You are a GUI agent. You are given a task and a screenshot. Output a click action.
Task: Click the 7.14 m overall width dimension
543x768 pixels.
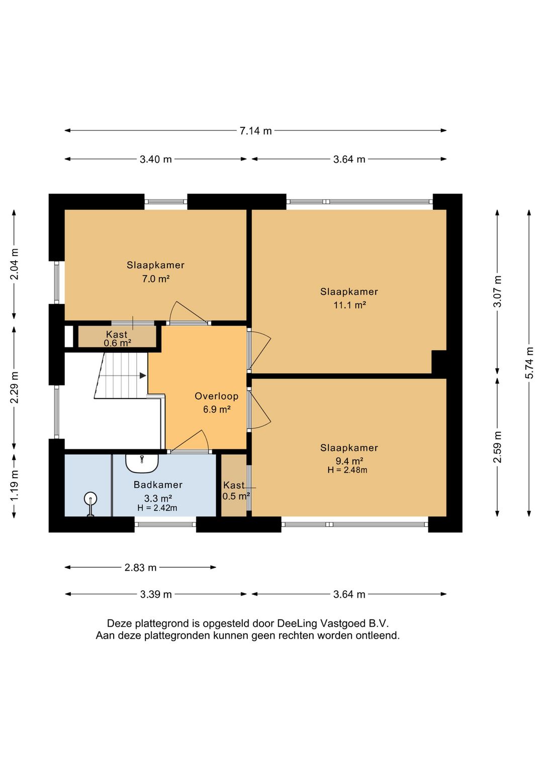click(255, 131)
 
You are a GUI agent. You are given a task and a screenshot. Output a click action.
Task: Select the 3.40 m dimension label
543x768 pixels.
click(155, 159)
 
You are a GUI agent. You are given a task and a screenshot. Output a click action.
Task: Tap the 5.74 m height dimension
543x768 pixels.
click(529, 363)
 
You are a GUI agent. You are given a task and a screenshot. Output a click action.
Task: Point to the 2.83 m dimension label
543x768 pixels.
click(140, 567)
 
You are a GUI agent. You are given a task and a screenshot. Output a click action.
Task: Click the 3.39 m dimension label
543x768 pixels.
click(156, 594)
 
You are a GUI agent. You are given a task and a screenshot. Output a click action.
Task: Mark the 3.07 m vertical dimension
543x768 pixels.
click(497, 291)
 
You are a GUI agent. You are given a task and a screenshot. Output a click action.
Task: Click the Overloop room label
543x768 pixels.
click(217, 397)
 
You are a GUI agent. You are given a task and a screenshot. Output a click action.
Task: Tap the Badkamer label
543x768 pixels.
click(158, 485)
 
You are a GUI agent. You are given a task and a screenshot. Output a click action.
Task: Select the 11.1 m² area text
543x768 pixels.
click(350, 305)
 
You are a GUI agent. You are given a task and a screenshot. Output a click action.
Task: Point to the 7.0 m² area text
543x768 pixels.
click(156, 279)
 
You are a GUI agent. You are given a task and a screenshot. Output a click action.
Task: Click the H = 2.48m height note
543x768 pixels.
click(347, 470)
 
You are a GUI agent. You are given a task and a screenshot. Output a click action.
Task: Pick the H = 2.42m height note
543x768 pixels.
click(157, 508)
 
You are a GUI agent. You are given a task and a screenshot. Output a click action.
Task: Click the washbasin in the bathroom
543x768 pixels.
click(142, 464)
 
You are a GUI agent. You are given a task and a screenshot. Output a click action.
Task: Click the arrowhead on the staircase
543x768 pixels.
click(143, 376)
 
